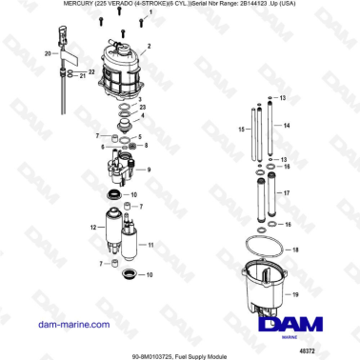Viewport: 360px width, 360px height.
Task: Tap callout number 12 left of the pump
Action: (93, 228)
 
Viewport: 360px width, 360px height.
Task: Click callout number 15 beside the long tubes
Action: (244, 129)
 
